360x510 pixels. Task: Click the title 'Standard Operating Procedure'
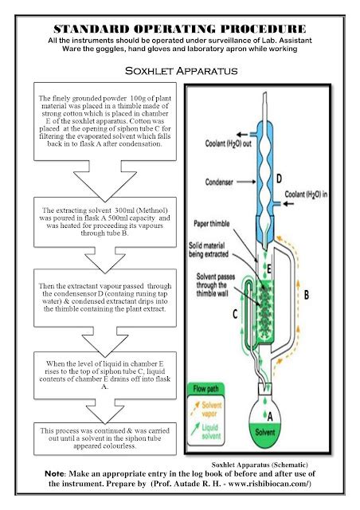coord(180,28)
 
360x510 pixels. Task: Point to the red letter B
coord(329,294)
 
